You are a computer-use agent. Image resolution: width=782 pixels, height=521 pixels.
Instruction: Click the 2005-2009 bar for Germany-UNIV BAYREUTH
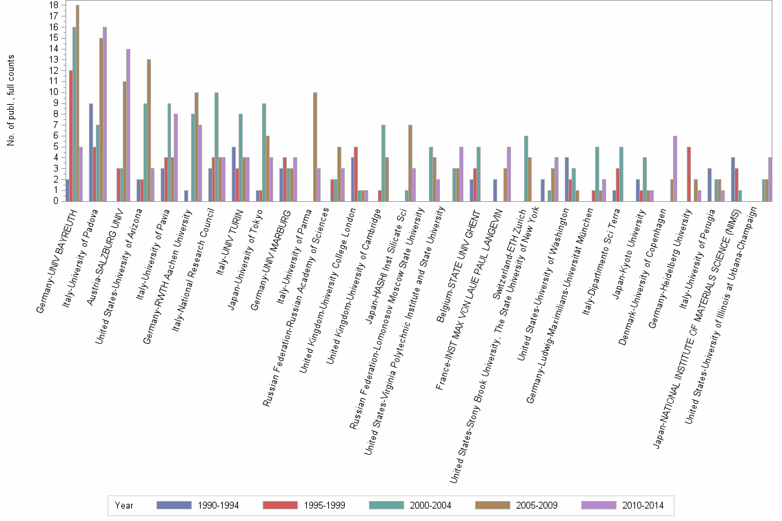point(77,103)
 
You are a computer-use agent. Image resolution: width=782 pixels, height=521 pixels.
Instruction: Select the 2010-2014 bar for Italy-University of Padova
point(105,114)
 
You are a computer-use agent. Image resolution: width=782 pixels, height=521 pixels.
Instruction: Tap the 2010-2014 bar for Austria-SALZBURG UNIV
point(128,125)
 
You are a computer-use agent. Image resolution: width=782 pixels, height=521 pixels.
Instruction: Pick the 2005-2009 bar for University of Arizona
point(148,130)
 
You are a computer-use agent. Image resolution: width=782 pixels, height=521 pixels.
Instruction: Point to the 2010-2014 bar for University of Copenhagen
point(674,168)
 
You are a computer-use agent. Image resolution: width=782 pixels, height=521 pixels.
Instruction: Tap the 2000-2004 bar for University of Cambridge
point(383,163)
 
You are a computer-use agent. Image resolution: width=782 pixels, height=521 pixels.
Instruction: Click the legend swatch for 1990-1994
point(175,505)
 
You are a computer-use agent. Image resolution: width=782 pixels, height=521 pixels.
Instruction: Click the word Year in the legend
point(125,505)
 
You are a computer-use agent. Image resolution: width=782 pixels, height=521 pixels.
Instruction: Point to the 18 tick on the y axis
point(54,5)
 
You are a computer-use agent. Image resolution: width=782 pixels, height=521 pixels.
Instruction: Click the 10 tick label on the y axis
point(54,92)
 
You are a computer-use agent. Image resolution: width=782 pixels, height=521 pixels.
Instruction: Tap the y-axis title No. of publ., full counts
point(11,100)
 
